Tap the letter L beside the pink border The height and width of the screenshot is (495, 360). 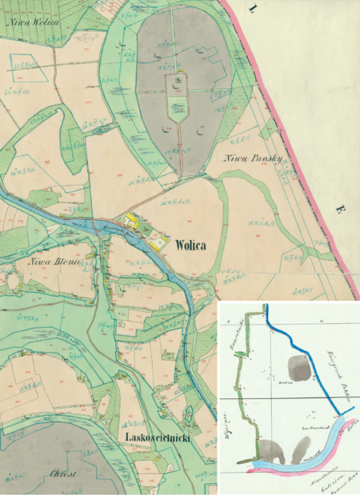click(x=253, y=11)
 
